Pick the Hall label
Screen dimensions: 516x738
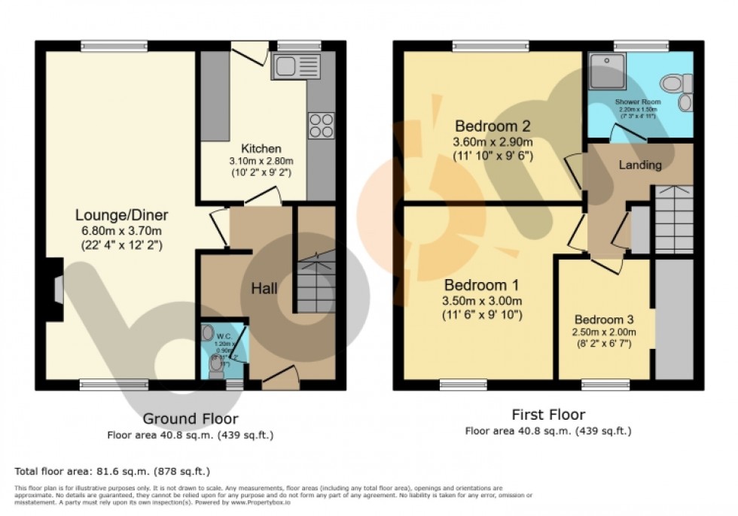[264, 288]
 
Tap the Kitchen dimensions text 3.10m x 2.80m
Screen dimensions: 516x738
[261, 162]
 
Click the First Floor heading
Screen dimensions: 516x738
[547, 414]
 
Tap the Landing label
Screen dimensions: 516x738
[640, 165]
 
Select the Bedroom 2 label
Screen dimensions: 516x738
[493, 126]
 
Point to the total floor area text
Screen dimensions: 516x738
[112, 472]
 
